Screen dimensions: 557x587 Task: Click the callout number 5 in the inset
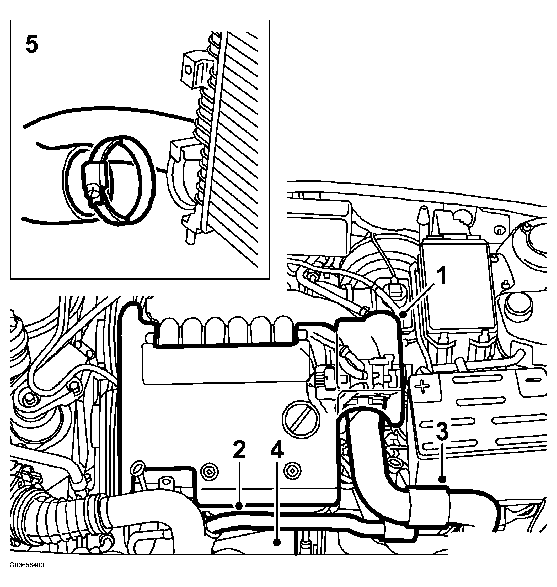click(x=32, y=44)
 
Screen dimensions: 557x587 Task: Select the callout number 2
click(x=239, y=450)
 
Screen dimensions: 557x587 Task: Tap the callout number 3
click(x=442, y=432)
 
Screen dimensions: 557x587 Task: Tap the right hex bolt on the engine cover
click(x=292, y=471)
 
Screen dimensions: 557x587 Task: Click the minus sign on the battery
click(x=534, y=380)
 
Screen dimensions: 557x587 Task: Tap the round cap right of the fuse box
click(x=518, y=306)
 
